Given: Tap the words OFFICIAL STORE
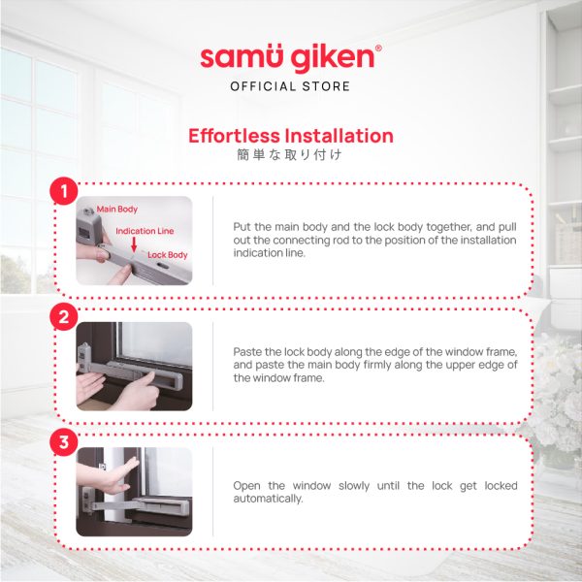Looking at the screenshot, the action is click(290, 86).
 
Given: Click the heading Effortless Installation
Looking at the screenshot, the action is click(291, 136).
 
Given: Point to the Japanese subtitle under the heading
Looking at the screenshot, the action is click(289, 154).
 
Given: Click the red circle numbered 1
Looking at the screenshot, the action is click(64, 191).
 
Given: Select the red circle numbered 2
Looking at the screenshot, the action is click(64, 316).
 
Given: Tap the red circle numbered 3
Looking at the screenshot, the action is click(64, 441).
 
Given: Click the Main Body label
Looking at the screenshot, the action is click(117, 210).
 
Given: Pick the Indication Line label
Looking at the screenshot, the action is click(145, 231).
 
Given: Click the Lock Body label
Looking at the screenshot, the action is click(168, 255).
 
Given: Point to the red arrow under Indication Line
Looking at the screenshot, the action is click(134, 244).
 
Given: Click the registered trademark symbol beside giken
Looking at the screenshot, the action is click(378, 48).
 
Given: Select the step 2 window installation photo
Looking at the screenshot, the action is click(135, 366).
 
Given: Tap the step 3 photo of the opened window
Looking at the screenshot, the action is click(135, 492).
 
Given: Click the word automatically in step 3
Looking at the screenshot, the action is click(268, 499).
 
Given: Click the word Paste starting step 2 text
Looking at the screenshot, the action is click(247, 351).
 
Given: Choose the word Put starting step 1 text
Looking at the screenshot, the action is click(242, 226).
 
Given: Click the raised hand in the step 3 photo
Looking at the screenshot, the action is click(112, 476).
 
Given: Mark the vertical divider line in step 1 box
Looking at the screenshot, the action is click(213, 241).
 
